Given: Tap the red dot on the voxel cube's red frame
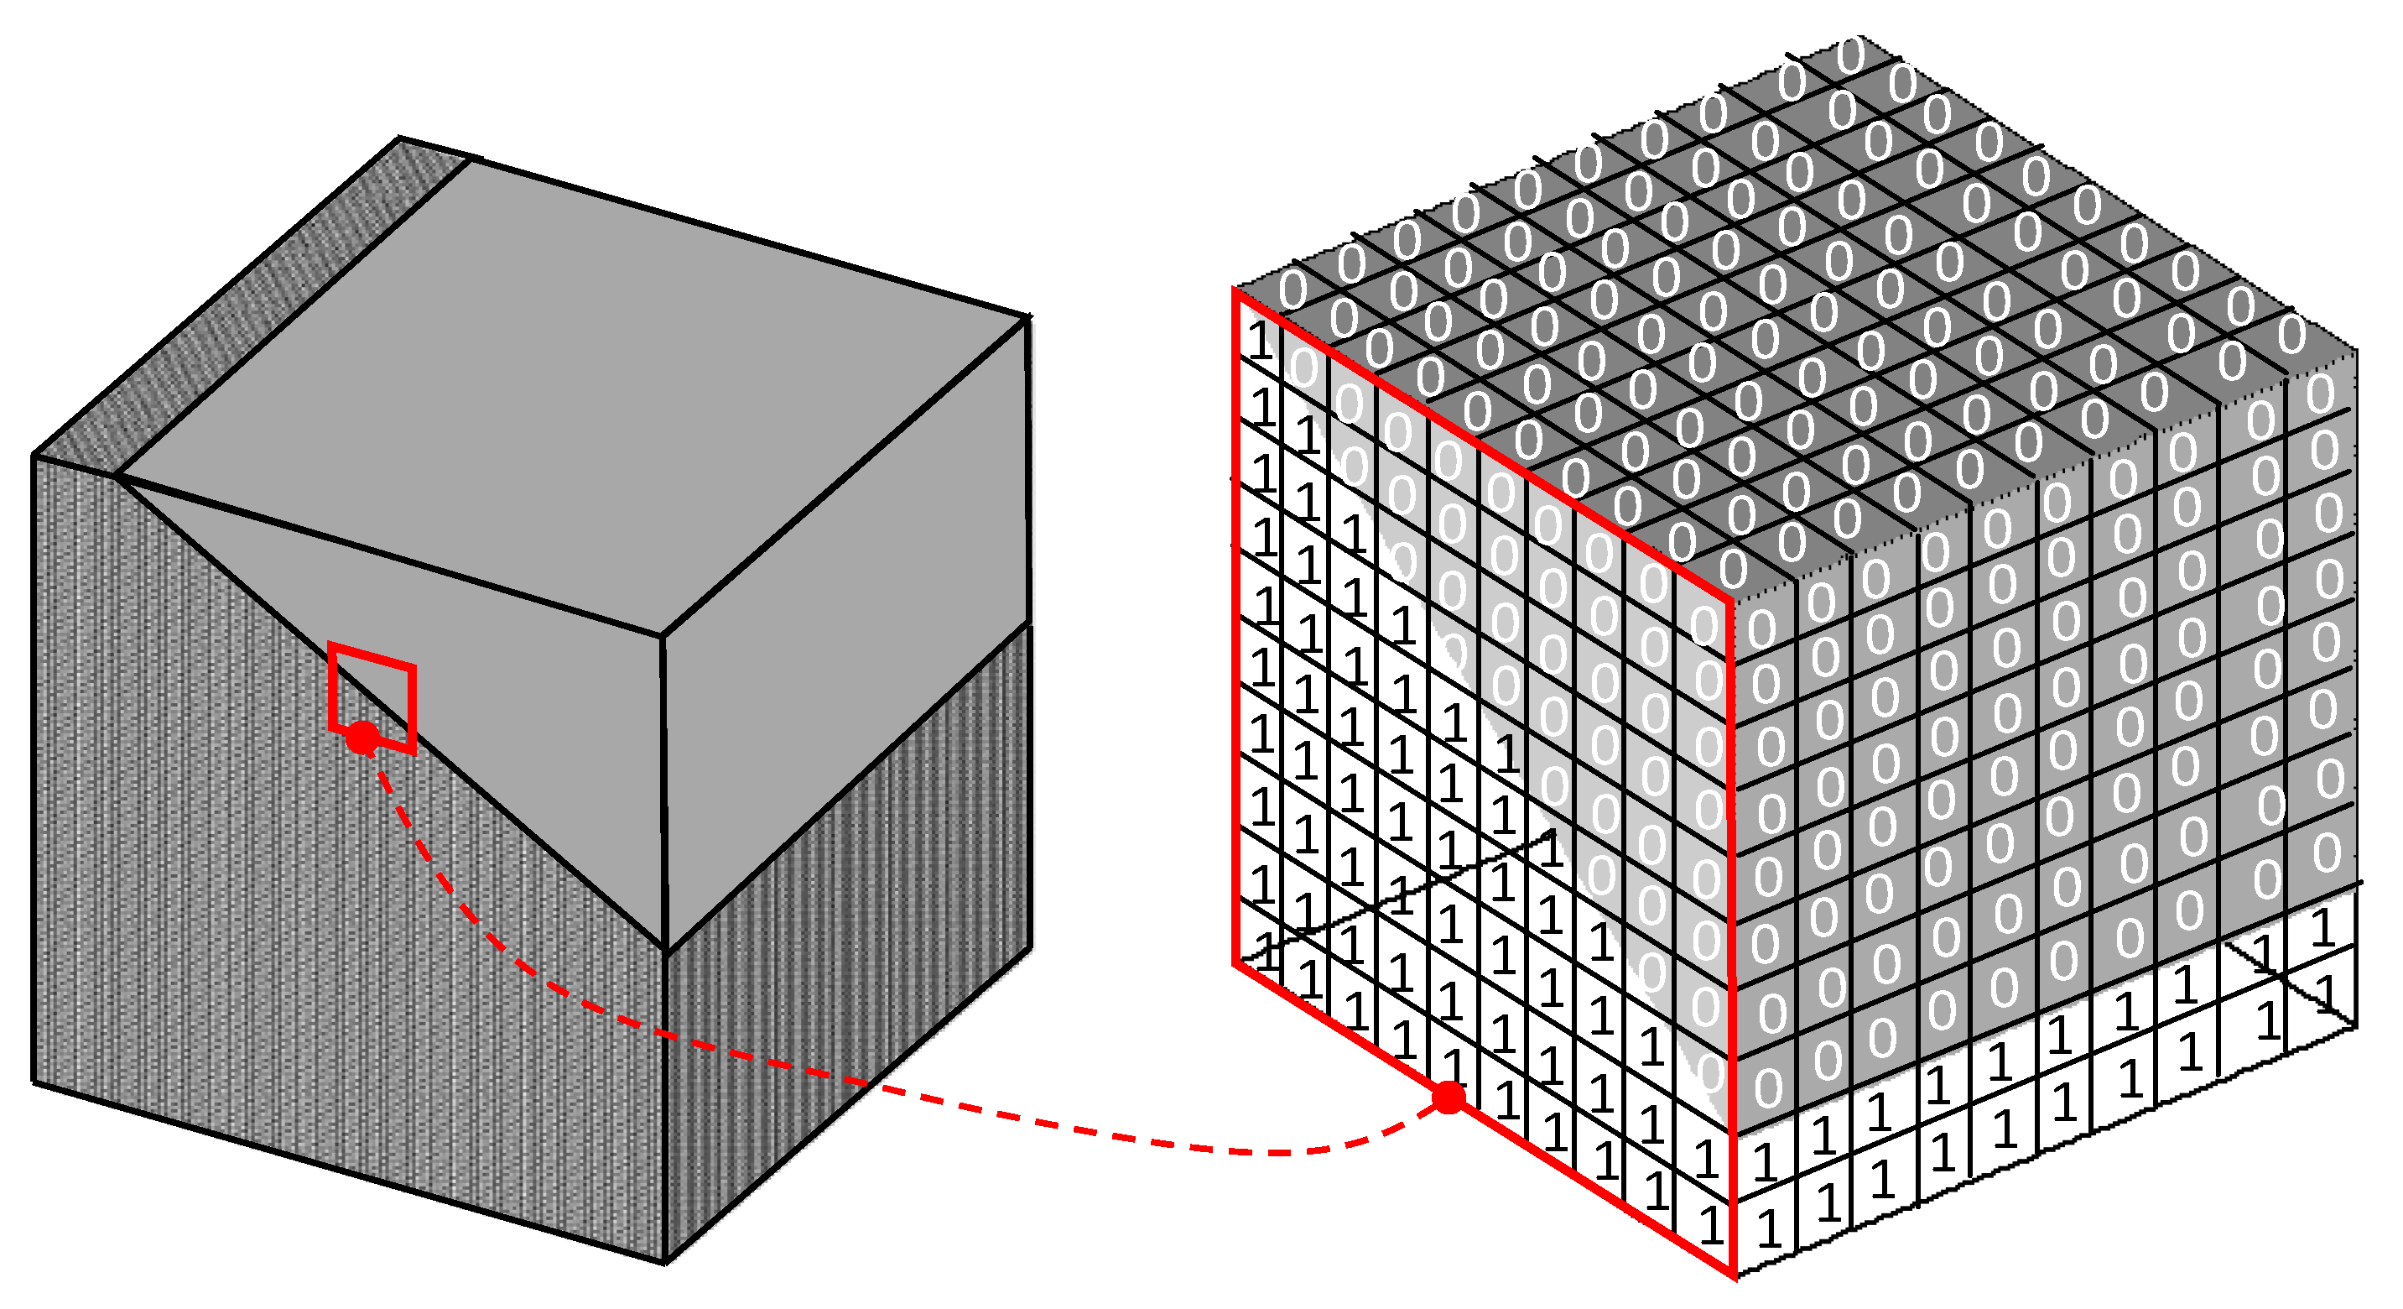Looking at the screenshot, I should [x=1449, y=1098].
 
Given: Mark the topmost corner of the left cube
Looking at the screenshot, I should [x=400, y=138].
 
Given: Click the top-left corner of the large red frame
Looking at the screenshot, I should [x=1236, y=290].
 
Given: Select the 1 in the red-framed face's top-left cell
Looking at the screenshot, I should [x=1259, y=341].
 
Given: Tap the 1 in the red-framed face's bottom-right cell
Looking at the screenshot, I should [x=1710, y=1224].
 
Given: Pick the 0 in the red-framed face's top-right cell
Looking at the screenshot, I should [x=1703, y=624].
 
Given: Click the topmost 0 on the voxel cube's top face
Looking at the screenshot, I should [x=1851, y=56].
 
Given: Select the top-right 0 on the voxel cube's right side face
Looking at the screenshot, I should [x=2321, y=394].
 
